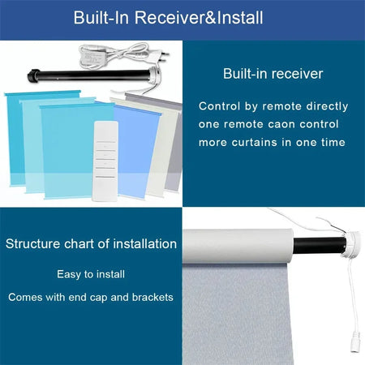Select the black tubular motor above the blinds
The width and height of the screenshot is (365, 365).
pyautogui.click(x=89, y=77)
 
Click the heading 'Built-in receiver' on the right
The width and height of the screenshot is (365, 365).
pyautogui.click(x=273, y=74)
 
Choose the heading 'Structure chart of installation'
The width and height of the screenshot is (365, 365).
pyautogui.click(x=91, y=243)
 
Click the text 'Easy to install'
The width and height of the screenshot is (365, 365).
pyautogui.click(x=91, y=274)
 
